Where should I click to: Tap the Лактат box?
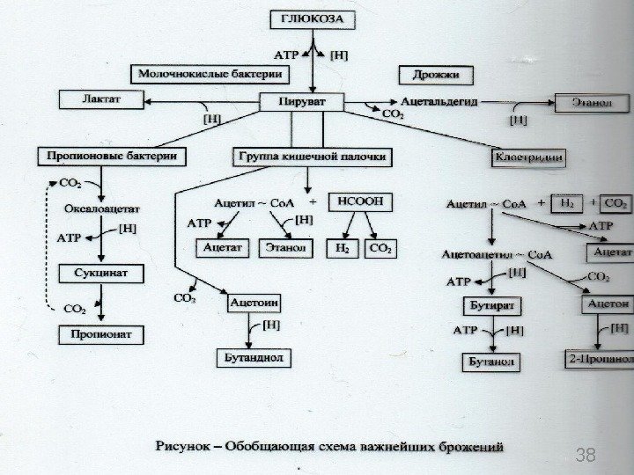[x=103, y=99]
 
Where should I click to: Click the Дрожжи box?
[x=436, y=75]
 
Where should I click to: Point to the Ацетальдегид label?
[x=439, y=102]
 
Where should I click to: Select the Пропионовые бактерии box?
[x=113, y=156]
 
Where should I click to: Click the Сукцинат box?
[x=100, y=274]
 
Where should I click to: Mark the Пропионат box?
[x=100, y=334]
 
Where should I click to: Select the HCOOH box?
[x=357, y=201]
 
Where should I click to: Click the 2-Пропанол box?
[x=600, y=360]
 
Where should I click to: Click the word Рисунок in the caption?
[x=185, y=447]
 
